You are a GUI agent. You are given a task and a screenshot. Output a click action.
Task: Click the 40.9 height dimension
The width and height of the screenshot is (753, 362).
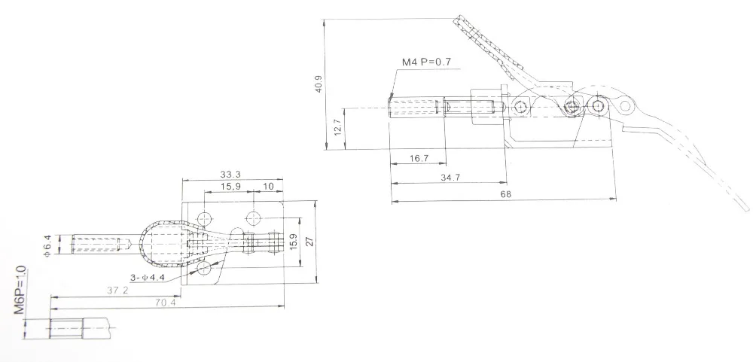click(x=319, y=84)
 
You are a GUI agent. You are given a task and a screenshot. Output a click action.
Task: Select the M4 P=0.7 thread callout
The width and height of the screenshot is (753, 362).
click(x=426, y=62)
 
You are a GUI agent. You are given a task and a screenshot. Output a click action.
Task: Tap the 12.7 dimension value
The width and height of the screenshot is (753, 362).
click(x=337, y=127)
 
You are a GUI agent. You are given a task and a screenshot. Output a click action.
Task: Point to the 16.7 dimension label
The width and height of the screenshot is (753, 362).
click(x=419, y=158)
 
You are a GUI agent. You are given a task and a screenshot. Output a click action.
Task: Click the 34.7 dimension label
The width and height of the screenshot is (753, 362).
click(x=450, y=177)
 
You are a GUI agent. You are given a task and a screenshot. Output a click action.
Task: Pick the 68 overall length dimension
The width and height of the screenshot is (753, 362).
click(x=506, y=194)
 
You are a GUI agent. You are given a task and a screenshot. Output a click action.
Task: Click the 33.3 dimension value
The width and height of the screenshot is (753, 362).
click(x=230, y=175)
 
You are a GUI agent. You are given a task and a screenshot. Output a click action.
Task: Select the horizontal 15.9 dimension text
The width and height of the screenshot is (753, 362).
click(x=230, y=186)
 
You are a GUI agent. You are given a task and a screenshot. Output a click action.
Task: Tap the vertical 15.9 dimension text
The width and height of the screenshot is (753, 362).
click(x=294, y=241)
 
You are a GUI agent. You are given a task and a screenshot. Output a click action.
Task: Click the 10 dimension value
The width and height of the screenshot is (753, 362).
click(x=269, y=186)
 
